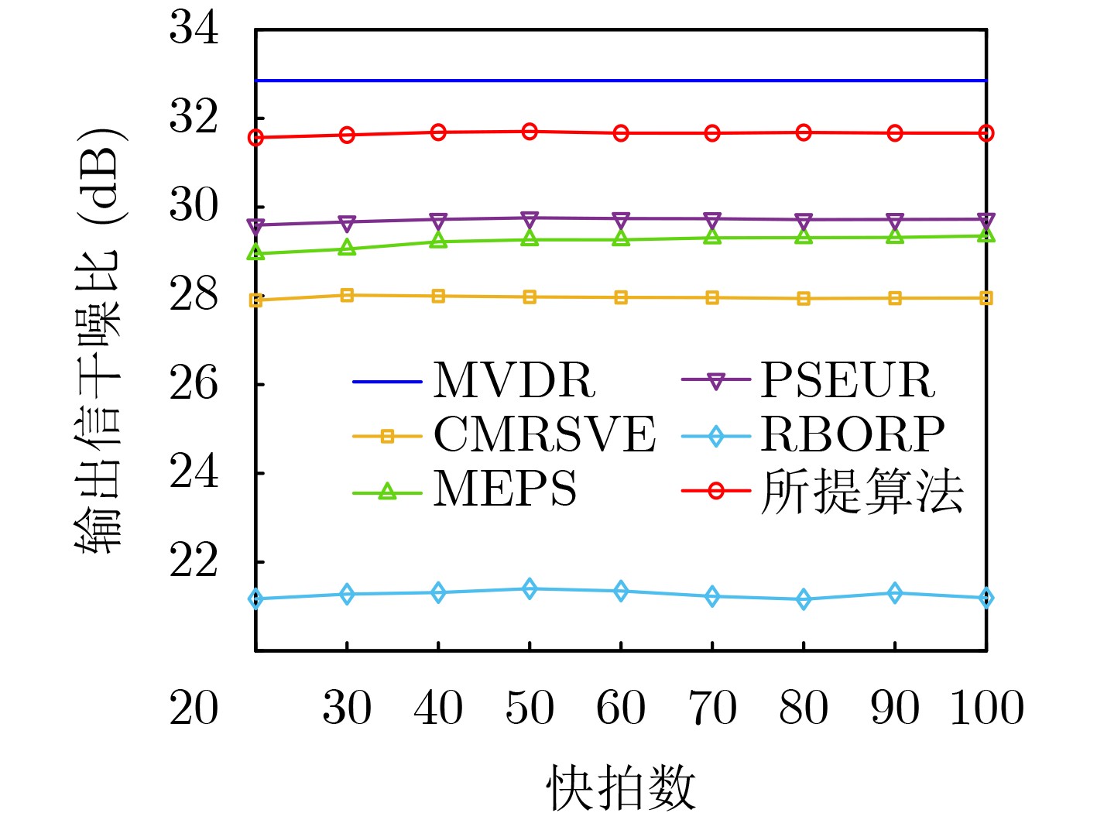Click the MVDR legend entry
514,380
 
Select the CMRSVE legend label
544,434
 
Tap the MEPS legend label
505,489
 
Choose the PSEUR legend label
848,380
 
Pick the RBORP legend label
852,434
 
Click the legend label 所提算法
862,491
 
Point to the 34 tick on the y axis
194,29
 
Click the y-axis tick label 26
194,383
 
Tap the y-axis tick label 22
194,561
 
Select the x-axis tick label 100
986,708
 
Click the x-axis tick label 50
530,708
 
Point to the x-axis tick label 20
194,708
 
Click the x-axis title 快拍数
621,787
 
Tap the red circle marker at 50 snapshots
530,132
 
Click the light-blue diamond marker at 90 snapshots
895,593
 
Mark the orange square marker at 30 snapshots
347,295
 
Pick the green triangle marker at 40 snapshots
438,241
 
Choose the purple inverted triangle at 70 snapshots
712,220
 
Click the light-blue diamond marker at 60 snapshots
621,591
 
